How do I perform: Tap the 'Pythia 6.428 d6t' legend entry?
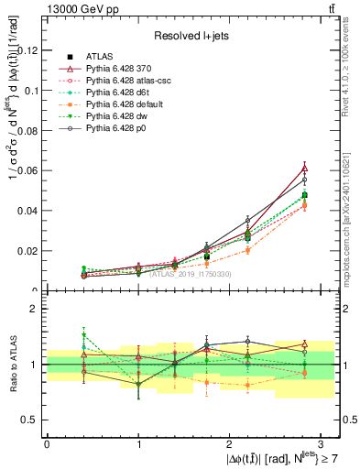129,93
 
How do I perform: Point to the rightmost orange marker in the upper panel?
305,205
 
